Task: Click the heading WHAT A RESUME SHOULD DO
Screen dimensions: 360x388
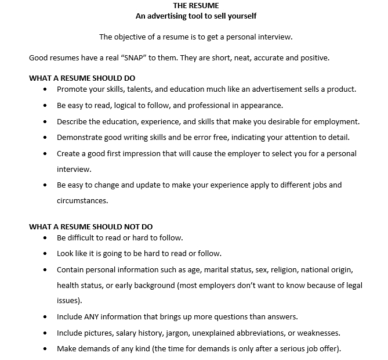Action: click(82, 78)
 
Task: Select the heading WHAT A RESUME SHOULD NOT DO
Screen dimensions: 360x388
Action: click(91, 226)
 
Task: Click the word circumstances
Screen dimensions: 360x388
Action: click(82, 201)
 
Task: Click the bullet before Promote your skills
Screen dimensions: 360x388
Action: click(46, 90)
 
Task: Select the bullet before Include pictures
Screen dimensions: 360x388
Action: click(46, 334)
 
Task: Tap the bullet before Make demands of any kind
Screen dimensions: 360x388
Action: click(46, 350)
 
